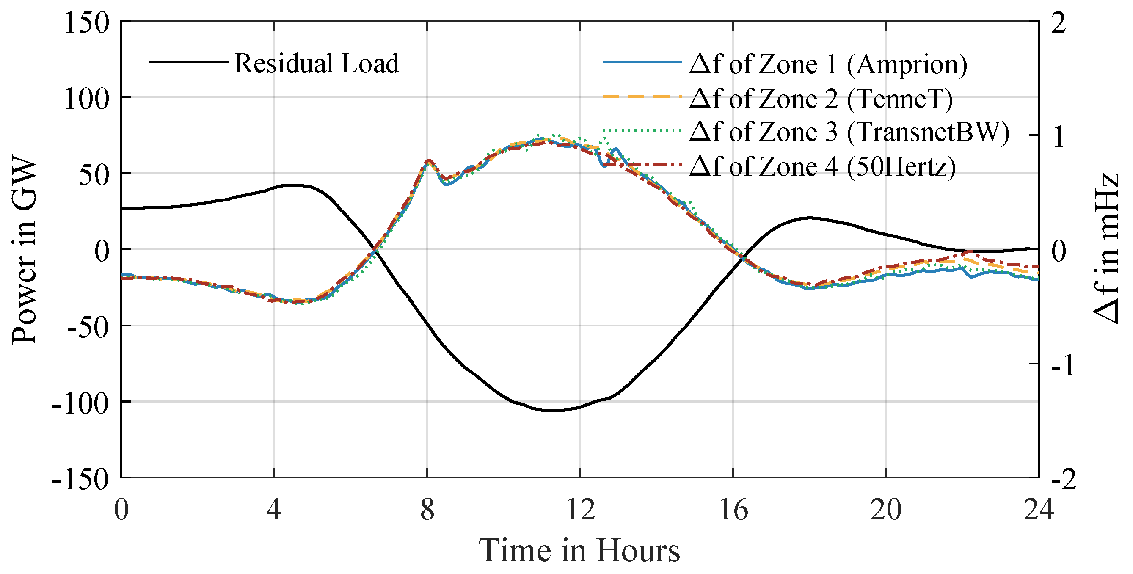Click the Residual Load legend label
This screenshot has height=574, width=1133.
pyautogui.click(x=317, y=63)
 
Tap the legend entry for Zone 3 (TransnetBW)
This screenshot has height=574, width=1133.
pyautogui.click(x=849, y=132)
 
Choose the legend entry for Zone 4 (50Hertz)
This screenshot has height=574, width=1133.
pyautogui.click(x=822, y=167)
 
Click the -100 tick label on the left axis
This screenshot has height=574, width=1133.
pyautogui.click(x=80, y=403)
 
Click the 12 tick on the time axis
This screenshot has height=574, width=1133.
pyautogui.click(x=580, y=510)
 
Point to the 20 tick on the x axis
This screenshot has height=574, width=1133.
pyautogui.click(x=886, y=510)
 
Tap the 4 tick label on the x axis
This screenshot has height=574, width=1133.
pyautogui.click(x=274, y=510)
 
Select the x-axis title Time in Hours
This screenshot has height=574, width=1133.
pyautogui.click(x=580, y=550)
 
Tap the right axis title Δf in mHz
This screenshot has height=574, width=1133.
pyautogui.click(x=1106, y=249)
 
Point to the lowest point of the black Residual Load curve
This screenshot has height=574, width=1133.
pyautogui.click(x=557, y=411)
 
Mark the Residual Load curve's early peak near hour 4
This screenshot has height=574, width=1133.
pyautogui.click(x=290, y=185)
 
